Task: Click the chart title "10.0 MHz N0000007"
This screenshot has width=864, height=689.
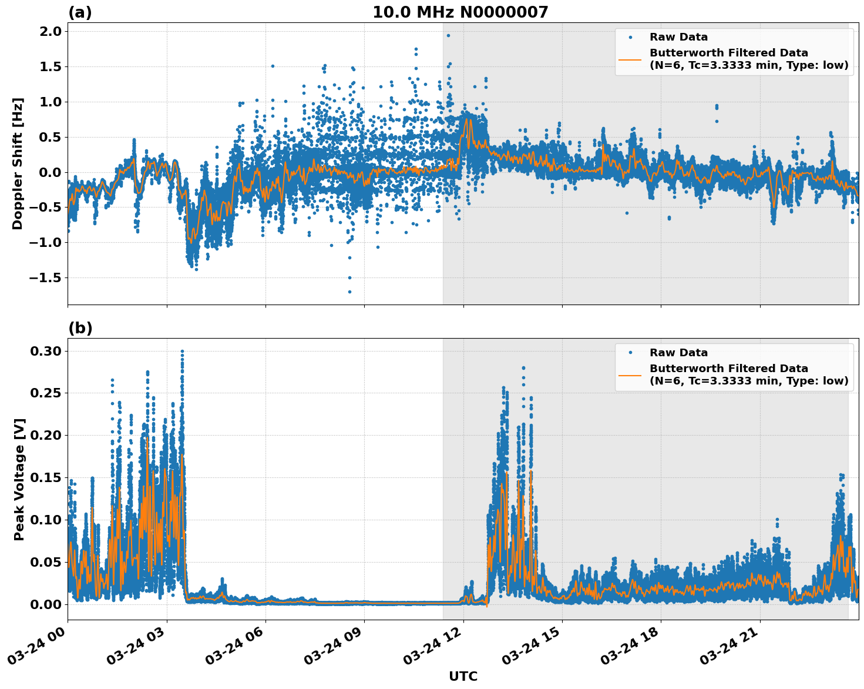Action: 460,12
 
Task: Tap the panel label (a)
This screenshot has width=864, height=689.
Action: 80,12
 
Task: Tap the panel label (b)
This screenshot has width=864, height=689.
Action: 80,328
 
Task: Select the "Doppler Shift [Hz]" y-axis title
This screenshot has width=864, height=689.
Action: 18,163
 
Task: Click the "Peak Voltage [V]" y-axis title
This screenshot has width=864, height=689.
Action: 19,479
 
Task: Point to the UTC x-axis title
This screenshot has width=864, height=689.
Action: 463,676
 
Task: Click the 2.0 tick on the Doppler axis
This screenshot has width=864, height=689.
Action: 50,32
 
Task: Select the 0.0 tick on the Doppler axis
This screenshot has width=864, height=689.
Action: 50,172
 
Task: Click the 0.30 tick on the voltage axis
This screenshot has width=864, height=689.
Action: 46,352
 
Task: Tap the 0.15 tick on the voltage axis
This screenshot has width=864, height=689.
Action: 46,478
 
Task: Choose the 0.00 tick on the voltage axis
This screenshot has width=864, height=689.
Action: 46,604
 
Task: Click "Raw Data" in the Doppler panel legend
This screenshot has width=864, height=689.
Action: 678,37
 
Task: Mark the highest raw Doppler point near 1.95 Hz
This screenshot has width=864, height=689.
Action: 448,35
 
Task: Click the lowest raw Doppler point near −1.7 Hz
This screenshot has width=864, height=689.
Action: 349,292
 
